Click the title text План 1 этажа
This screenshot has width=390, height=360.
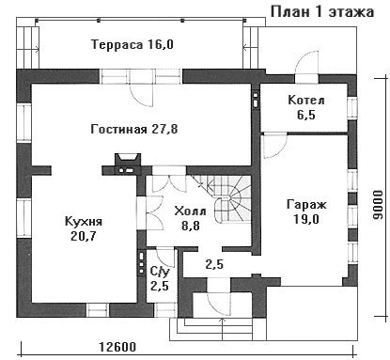coord(322,12)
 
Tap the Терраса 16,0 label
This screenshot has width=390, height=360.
coord(133,44)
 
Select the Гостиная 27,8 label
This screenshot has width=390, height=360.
coord(134,129)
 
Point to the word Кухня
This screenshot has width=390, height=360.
coord(84,222)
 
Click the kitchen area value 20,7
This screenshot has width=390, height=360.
coord(84,236)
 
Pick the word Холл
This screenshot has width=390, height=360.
coord(190,211)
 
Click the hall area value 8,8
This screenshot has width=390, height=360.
coord(191,226)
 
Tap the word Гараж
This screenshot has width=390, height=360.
coord(306,204)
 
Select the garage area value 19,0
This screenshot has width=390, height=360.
coord(306,219)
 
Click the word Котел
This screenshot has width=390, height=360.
coord(306,101)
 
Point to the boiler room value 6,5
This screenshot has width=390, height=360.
coord(306,115)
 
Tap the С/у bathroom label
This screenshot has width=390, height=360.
coord(160,272)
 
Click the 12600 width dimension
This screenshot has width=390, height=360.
coord(117,347)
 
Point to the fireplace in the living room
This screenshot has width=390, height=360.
coord(128,164)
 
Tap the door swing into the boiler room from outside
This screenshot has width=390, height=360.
coord(307,64)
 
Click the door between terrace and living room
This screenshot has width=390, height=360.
coord(142,92)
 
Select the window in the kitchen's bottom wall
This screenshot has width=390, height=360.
coord(98,310)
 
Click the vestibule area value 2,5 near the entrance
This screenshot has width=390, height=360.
coord(214,264)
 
